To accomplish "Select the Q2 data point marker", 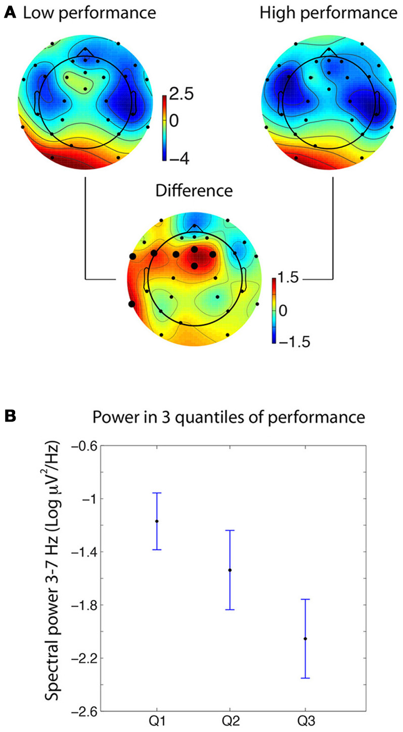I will coord(230,570).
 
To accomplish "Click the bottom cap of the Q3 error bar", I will coord(305,678).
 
